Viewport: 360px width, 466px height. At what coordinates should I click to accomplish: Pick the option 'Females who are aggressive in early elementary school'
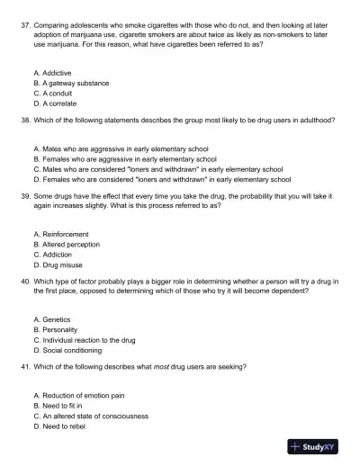pyautogui.click(x=129, y=157)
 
